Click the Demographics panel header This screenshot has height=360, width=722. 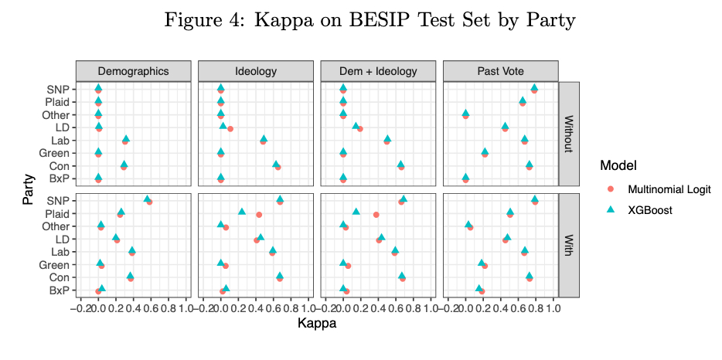click(x=133, y=71)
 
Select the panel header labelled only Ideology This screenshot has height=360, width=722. click(x=255, y=71)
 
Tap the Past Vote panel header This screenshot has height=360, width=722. click(x=499, y=71)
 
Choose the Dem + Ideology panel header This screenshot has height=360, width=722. click(x=377, y=71)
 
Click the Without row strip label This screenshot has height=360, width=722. click(x=568, y=134)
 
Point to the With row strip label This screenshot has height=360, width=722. click(x=568, y=245)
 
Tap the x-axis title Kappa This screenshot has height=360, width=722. click(x=316, y=324)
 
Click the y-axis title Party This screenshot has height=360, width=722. click(x=29, y=190)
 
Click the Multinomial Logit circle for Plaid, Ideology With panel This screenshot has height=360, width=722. click(x=259, y=214)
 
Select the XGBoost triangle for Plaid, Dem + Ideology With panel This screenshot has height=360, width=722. click(x=356, y=211)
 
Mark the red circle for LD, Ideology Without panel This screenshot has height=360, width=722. click(x=230, y=128)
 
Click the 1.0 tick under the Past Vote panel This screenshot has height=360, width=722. click(x=552, y=309)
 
